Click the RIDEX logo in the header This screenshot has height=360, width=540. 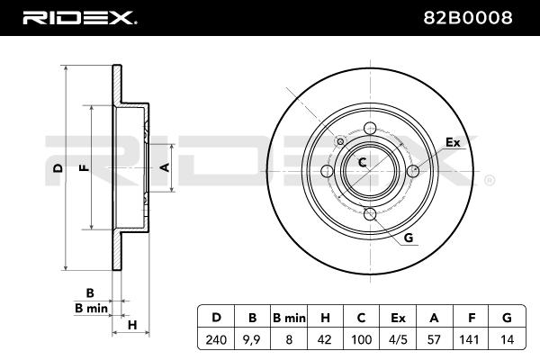point(79,18)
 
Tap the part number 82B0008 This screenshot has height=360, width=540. point(468,18)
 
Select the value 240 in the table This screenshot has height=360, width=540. point(216,339)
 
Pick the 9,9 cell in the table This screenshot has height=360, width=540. point(252,339)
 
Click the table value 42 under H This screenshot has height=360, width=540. point(324,339)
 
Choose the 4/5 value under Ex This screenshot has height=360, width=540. point(398,339)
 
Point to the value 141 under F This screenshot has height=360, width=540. point(469,339)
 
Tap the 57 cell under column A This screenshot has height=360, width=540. point(434,339)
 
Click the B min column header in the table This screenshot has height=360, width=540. point(289,318)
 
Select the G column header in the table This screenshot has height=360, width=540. point(507,318)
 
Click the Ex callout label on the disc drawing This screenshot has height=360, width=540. point(453,142)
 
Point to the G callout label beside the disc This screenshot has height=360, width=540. point(408,238)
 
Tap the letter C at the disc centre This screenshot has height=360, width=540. point(363,162)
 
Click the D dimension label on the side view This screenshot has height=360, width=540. point(58,167)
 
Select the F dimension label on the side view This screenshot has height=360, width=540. point(84,167)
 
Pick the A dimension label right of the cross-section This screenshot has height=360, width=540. point(166,167)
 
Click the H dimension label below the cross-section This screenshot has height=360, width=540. point(132,325)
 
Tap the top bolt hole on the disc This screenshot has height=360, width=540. point(370,128)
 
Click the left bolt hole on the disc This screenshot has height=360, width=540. point(327,170)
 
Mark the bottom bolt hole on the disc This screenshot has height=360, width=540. point(370,214)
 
